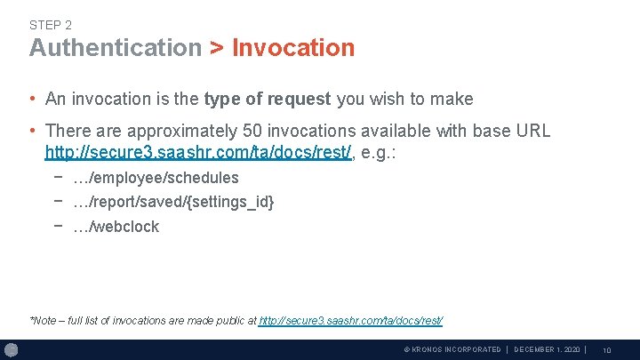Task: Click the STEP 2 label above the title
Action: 50,25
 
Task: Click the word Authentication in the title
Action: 116,48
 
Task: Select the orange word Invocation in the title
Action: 293,48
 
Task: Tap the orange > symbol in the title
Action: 217,48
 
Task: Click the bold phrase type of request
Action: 268,99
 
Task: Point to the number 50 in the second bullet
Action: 252,131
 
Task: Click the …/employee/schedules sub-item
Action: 156,178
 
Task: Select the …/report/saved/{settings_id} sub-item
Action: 173,202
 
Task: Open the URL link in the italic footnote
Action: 350,320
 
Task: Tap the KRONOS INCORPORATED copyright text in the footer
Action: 452,349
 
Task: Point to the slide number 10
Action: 606,350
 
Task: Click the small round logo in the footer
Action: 12,349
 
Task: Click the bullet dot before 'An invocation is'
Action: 33,100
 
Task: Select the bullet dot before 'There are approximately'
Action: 33,132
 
